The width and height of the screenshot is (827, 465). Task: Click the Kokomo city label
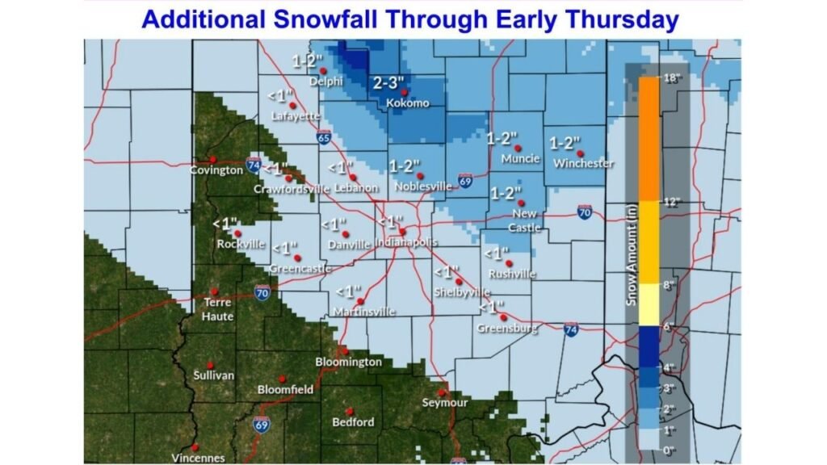click(407, 103)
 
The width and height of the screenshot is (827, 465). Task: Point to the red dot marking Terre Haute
click(214, 291)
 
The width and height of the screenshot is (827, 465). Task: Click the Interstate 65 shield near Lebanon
click(323, 136)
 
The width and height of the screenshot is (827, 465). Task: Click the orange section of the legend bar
click(649, 137)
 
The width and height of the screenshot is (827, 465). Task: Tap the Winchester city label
click(583, 163)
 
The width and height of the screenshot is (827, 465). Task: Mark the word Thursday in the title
click(623, 19)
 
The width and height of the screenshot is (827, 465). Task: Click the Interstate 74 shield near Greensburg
click(570, 331)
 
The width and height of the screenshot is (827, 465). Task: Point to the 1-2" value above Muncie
click(502, 139)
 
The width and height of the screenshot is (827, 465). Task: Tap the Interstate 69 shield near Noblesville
click(465, 180)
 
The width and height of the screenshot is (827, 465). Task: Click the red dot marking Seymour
click(442, 391)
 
